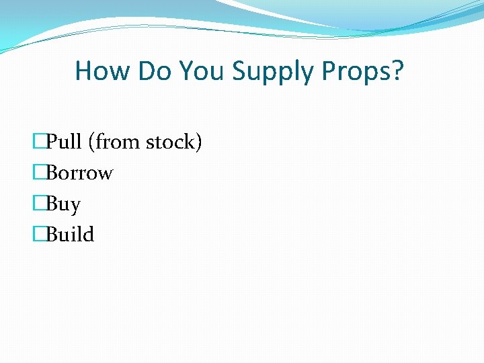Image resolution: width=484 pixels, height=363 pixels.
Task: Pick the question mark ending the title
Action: point(398,71)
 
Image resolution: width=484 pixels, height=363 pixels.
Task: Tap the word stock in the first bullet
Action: point(173,142)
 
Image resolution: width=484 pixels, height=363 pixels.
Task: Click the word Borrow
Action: point(79,173)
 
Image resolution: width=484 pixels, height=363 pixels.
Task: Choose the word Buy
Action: point(63,204)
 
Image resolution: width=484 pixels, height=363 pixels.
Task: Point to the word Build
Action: point(70,235)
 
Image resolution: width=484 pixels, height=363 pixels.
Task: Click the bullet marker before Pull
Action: point(39,142)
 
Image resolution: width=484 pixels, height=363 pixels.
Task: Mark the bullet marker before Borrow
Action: point(39,173)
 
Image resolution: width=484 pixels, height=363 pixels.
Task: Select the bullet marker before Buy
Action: point(39,204)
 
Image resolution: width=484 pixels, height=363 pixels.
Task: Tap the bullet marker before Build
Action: point(39,235)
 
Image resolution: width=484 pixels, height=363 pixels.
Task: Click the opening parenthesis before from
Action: point(97,143)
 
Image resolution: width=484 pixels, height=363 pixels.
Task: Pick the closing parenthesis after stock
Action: point(198,143)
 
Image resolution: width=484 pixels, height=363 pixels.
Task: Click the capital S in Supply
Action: point(239,71)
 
